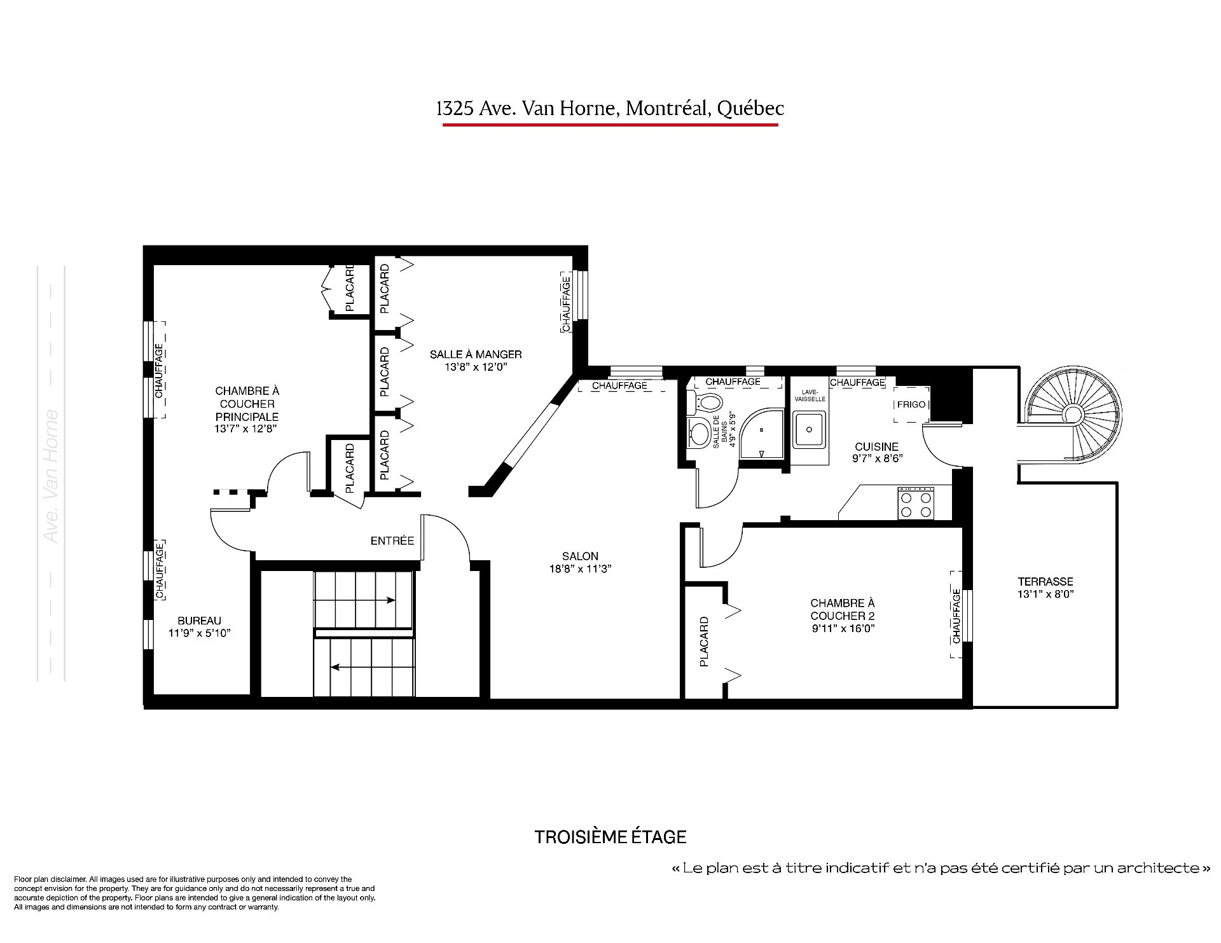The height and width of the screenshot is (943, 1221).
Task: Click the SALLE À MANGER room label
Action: [x=476, y=354]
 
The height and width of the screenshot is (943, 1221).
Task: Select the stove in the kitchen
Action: [x=916, y=503]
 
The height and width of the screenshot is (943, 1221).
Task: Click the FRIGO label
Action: [x=911, y=404]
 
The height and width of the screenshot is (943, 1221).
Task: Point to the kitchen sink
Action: [x=809, y=429]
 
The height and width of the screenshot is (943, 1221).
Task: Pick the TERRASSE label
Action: [x=1045, y=581]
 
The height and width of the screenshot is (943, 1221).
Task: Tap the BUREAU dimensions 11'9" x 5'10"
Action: [x=199, y=633]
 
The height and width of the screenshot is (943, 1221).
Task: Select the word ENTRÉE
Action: [x=392, y=540]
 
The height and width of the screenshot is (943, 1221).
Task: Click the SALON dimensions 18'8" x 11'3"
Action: [x=580, y=569]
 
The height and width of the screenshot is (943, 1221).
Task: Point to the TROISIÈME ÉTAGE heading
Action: [x=610, y=837]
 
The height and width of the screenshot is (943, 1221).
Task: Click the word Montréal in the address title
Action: [x=668, y=109]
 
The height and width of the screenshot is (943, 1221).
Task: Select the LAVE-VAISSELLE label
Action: [x=810, y=395]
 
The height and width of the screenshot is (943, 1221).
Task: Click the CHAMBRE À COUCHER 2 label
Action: [x=843, y=609]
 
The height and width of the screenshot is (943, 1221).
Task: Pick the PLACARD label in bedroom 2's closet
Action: [x=704, y=642]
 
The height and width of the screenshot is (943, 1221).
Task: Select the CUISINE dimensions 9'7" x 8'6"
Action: [x=877, y=458]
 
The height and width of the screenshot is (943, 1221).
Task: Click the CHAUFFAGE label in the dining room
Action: [x=565, y=302]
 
